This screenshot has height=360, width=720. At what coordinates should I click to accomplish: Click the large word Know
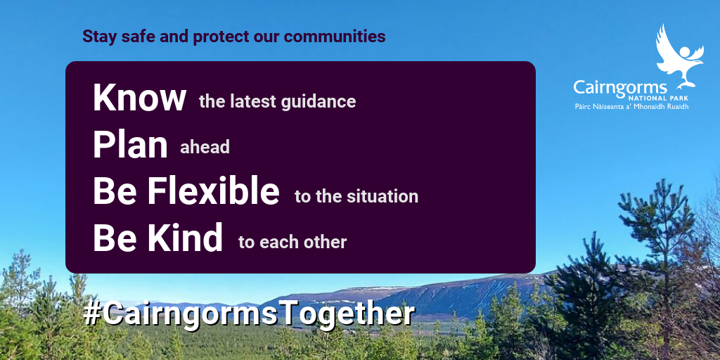[x=140, y=98]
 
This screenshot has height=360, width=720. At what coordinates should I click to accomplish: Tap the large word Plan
[x=130, y=145]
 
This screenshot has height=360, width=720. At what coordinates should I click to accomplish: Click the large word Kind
[x=185, y=238]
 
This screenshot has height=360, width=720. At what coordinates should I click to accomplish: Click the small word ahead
[x=205, y=148]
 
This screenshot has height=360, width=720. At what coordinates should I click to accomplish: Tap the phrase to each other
[x=292, y=243]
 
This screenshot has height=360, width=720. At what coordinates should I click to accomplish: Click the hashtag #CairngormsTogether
[x=250, y=314]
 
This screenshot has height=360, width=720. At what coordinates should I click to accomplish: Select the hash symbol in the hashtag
[x=92, y=314]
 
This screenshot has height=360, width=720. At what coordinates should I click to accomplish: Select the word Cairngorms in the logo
[x=620, y=87]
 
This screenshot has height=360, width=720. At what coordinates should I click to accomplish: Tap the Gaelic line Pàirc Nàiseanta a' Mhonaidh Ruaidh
[x=632, y=107]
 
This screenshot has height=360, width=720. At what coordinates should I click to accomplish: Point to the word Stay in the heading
[x=100, y=37]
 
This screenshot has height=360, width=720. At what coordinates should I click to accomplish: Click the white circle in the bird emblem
[x=685, y=51]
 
